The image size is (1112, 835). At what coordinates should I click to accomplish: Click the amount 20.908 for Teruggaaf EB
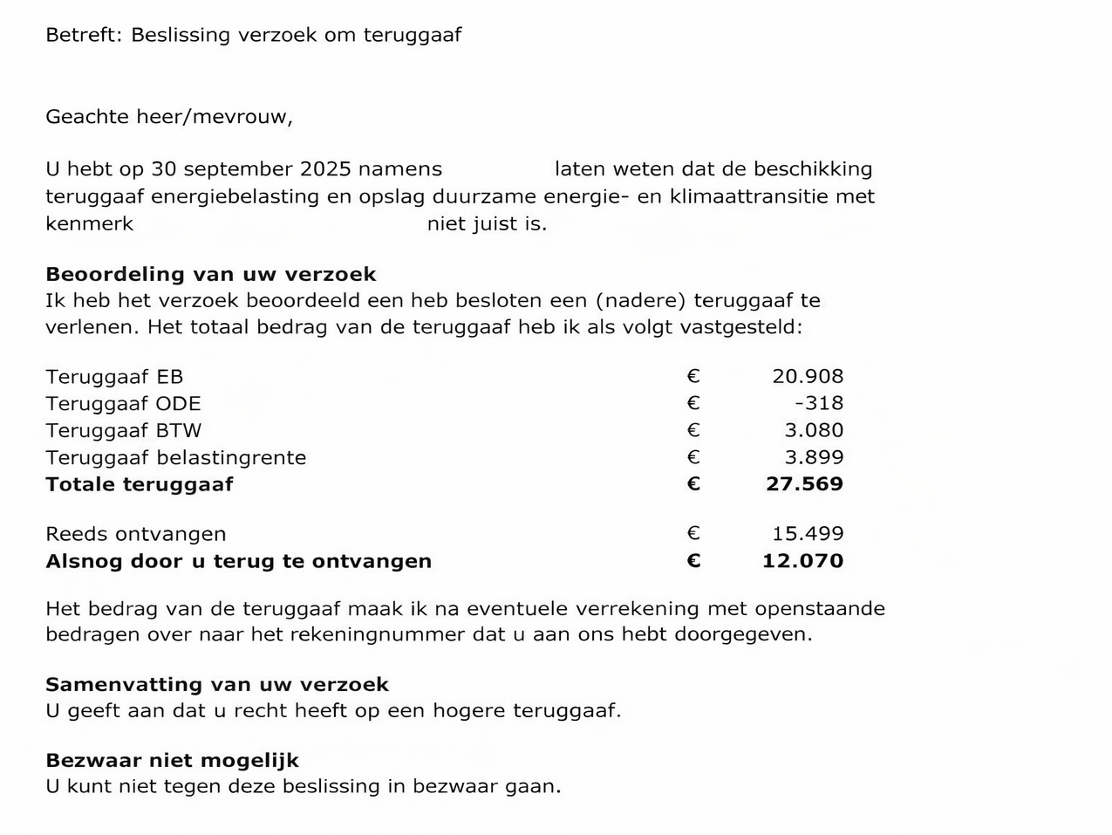[x=808, y=377]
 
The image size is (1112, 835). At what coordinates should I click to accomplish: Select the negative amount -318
[x=819, y=403]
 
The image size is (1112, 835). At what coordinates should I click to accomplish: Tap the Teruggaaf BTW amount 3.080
[x=814, y=430]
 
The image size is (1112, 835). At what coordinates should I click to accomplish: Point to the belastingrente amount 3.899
[x=814, y=457]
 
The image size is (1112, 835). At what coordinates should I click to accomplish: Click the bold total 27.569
[x=804, y=484]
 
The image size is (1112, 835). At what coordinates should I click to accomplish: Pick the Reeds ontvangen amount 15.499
[x=808, y=534]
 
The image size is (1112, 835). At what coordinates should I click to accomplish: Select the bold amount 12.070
[x=802, y=561]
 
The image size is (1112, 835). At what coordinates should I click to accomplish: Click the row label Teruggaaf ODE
[x=123, y=404]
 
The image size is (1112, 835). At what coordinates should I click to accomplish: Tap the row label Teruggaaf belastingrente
[x=175, y=458]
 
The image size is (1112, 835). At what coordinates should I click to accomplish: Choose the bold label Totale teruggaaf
[x=140, y=485]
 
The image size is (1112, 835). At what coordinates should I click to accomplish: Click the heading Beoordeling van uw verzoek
[x=210, y=274]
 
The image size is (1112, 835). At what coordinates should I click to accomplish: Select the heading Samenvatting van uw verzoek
[x=216, y=685]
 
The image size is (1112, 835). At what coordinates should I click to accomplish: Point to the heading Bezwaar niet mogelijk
[x=172, y=761]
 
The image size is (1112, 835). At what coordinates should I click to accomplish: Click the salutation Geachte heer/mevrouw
[x=168, y=117]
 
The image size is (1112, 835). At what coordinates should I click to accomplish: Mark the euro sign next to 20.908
[x=693, y=377]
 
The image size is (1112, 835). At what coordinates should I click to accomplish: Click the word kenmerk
[x=89, y=224]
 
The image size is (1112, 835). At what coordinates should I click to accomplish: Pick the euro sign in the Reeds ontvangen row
[x=693, y=534]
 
